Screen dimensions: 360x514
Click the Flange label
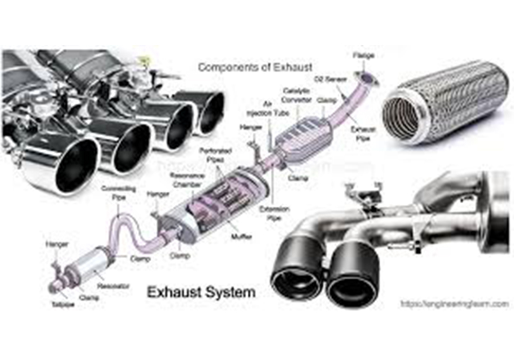point(363,55)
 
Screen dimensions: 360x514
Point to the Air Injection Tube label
point(268,110)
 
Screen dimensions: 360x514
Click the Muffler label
point(241,236)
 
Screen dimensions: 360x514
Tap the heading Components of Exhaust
point(255,67)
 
